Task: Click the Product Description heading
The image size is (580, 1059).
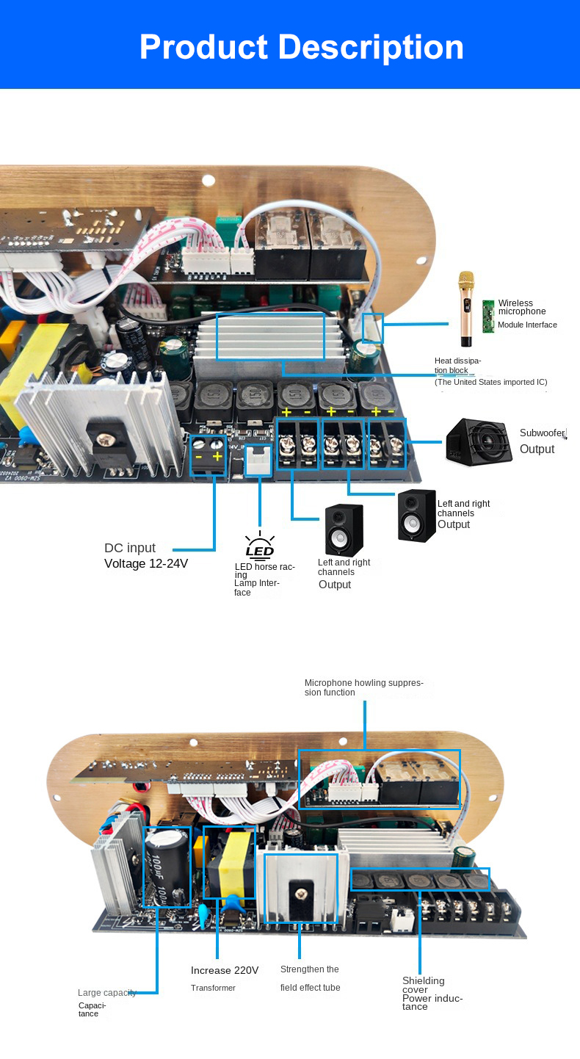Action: click(301, 47)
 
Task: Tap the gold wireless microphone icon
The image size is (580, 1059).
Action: click(465, 308)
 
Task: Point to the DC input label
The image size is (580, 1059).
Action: click(130, 548)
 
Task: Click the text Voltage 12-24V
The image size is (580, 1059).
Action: click(146, 564)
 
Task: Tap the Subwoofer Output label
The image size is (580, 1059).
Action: click(542, 441)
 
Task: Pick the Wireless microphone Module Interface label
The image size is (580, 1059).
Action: click(526, 314)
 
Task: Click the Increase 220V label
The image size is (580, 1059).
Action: click(225, 970)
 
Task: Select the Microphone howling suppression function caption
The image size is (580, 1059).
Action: click(363, 687)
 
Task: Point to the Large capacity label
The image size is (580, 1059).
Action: click(107, 993)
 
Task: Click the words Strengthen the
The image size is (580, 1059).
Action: click(309, 969)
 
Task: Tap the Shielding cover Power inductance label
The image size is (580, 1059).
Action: click(432, 993)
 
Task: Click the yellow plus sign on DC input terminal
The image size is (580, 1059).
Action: click(217, 456)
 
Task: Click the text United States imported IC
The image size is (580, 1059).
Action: click(490, 382)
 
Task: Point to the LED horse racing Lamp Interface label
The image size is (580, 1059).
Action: click(264, 579)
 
